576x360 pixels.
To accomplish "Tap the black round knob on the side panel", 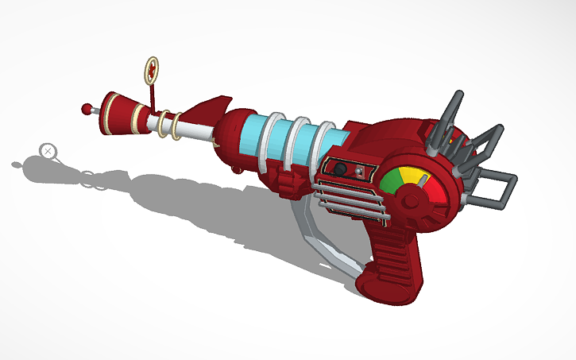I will coord(339,169).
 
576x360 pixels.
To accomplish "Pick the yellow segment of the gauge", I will coord(407,172).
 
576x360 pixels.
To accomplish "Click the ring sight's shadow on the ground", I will coord(48,150).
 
